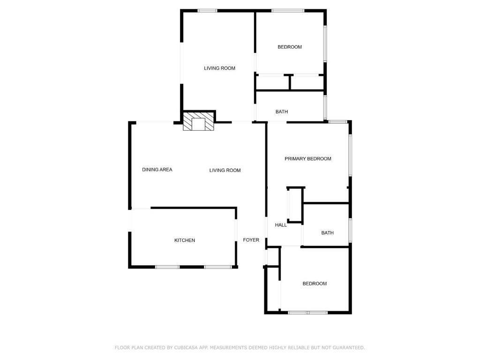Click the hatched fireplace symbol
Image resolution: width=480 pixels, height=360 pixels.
[198, 121]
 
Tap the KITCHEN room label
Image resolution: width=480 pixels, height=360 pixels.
[185, 240]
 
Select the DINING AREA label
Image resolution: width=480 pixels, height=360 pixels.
[157, 170]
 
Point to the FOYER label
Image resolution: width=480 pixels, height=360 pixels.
[251, 240]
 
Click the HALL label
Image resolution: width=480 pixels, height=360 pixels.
[281, 225]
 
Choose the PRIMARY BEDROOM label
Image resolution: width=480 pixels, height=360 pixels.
[308, 159]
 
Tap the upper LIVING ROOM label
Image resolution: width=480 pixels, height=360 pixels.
[219, 68]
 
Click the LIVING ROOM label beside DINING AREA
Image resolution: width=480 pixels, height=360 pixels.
[225, 171]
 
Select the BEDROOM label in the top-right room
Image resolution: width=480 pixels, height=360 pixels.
[290, 47]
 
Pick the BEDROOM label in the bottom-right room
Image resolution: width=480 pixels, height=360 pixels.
[315, 284]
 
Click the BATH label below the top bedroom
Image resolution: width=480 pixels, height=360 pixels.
[282, 112]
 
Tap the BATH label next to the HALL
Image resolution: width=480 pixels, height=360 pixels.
[328, 233]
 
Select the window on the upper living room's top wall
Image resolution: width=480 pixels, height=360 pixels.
[207, 11]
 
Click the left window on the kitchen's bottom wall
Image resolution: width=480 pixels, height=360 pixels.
[167, 267]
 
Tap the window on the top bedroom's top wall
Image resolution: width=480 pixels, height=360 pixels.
[288, 11]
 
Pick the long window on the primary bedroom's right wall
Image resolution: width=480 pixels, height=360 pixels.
[350, 156]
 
